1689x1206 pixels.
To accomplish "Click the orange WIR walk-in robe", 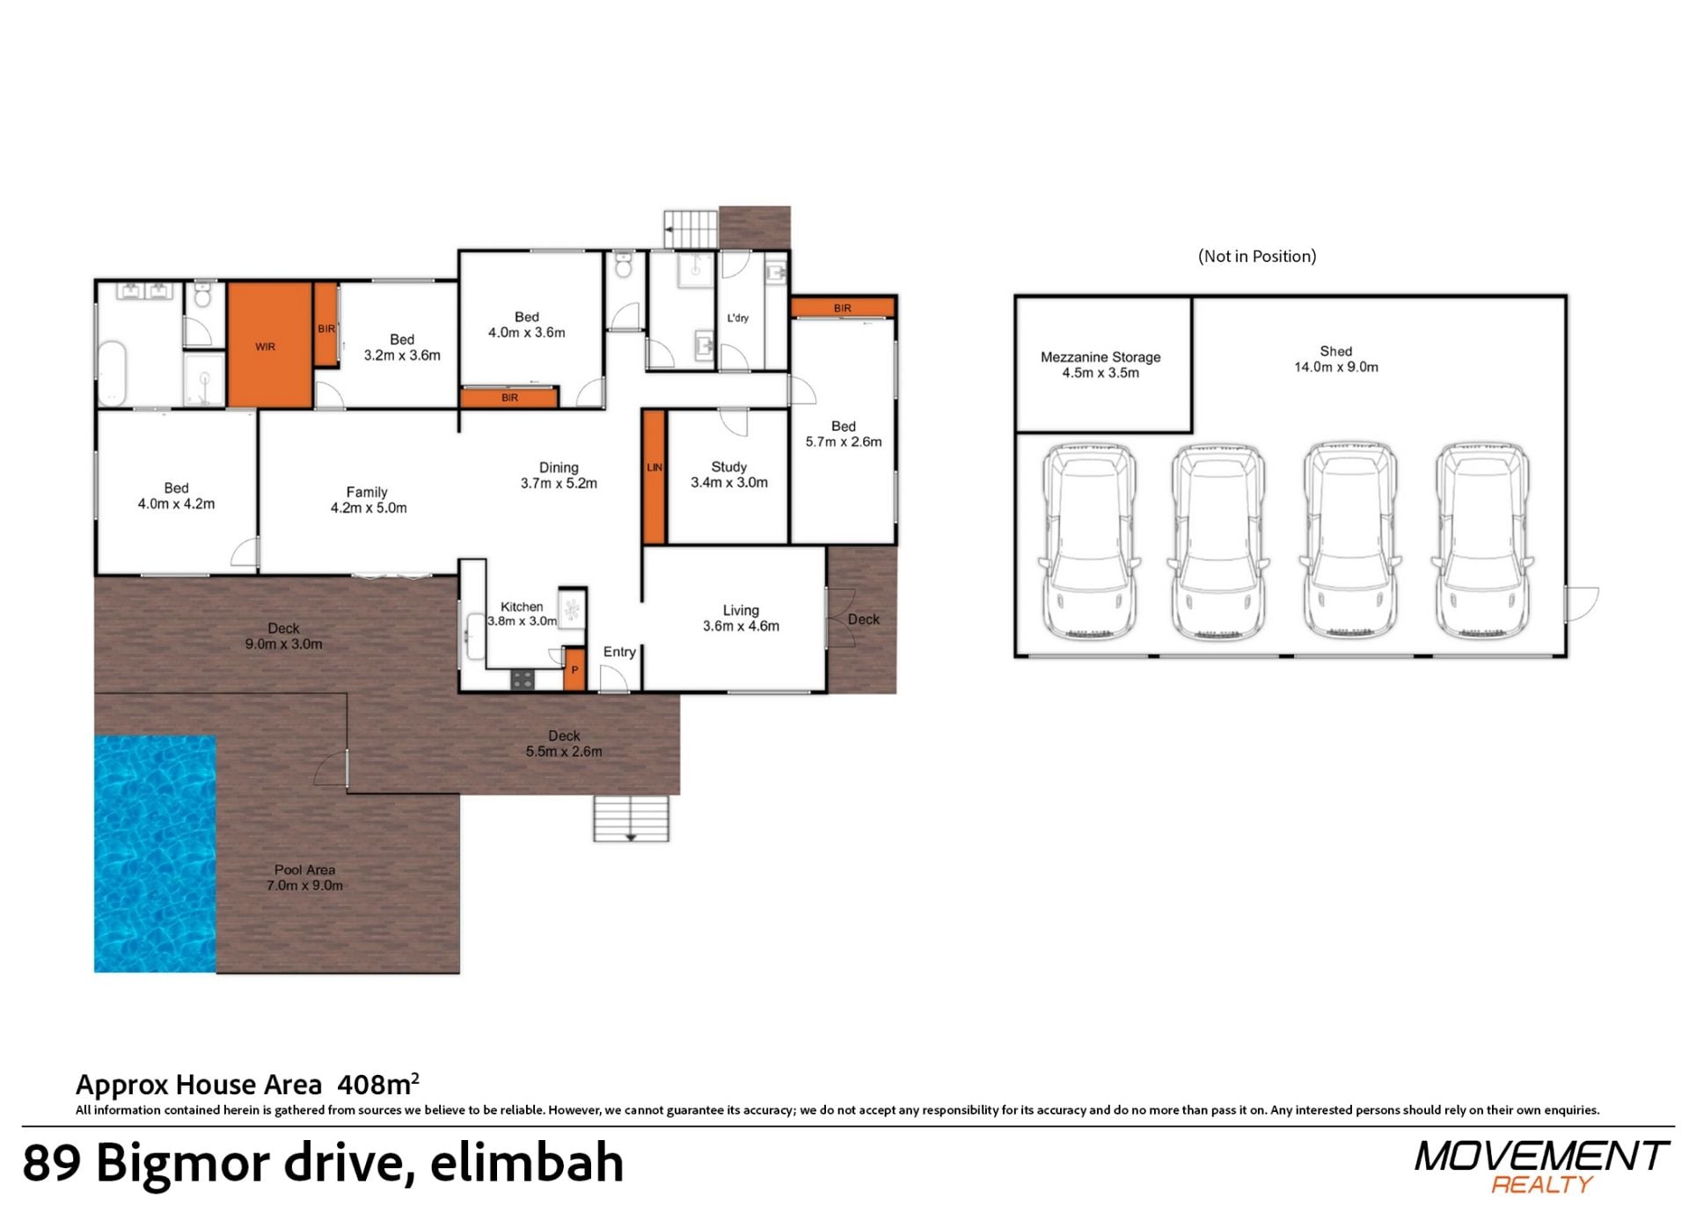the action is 270,345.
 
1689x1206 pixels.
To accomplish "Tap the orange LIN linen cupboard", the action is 654,477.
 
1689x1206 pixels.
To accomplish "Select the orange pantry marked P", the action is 574,669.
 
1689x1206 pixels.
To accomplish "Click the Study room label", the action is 728,467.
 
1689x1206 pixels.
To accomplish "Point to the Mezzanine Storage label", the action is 1100,357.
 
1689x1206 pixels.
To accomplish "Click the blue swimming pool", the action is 155,853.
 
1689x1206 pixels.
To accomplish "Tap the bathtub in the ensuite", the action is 112,373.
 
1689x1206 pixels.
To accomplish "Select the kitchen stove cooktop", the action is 523,679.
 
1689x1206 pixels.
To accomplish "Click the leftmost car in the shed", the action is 1089,539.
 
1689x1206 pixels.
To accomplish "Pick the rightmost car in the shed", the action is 1482,539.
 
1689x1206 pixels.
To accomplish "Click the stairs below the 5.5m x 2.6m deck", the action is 631,818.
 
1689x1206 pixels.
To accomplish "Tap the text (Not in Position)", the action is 1257,256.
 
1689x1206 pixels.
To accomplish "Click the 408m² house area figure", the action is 378,1084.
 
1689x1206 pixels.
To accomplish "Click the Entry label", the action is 619,652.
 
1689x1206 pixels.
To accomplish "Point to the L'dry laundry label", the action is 738,318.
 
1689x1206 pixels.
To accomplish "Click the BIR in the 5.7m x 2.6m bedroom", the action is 843,308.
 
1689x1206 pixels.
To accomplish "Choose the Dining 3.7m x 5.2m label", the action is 559,475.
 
